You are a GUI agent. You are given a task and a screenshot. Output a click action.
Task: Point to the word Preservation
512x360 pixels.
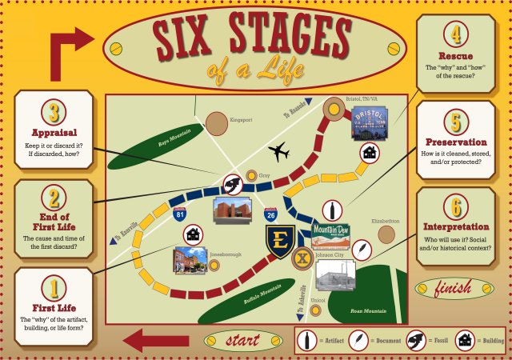(457, 142)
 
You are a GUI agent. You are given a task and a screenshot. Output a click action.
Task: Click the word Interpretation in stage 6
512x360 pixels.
(457, 226)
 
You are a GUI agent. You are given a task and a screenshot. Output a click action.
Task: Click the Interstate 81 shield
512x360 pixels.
(179, 212)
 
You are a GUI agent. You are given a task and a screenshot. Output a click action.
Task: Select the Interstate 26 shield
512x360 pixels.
(271, 212)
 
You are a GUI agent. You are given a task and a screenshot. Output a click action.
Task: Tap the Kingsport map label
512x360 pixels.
(241, 120)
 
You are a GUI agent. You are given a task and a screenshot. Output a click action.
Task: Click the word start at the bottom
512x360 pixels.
(242, 341)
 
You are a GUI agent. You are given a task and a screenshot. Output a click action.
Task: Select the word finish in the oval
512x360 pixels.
(453, 288)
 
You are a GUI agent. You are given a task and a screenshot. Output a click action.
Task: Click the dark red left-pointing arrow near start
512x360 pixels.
(156, 339)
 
